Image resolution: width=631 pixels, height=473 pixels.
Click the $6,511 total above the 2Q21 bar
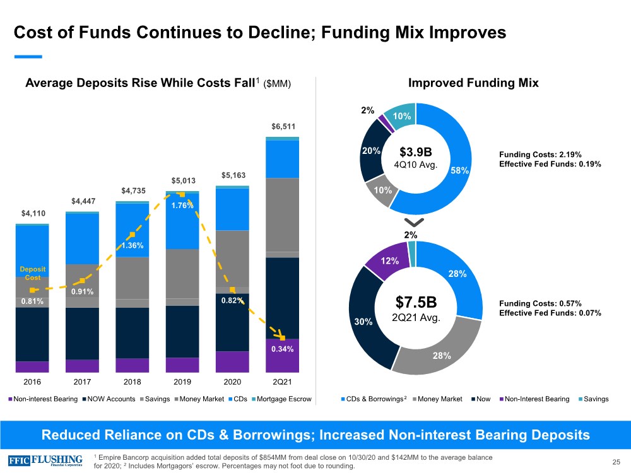coord(283,127)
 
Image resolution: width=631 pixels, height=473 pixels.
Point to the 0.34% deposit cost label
coord(283,349)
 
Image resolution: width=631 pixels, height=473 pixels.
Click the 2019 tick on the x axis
coord(182,382)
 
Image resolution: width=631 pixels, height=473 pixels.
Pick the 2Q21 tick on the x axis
coord(283,382)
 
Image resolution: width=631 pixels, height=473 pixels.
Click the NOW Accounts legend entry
coord(110,399)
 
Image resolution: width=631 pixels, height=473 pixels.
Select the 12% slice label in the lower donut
coord(389,261)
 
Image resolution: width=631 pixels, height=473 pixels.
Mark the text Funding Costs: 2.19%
coord(540,154)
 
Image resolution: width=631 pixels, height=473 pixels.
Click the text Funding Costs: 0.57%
coord(540,303)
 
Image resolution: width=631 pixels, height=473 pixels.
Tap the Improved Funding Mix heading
coord(473,83)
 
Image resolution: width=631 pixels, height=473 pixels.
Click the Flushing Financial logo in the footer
coord(45,459)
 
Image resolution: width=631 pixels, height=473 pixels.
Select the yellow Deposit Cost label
coord(32,273)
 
